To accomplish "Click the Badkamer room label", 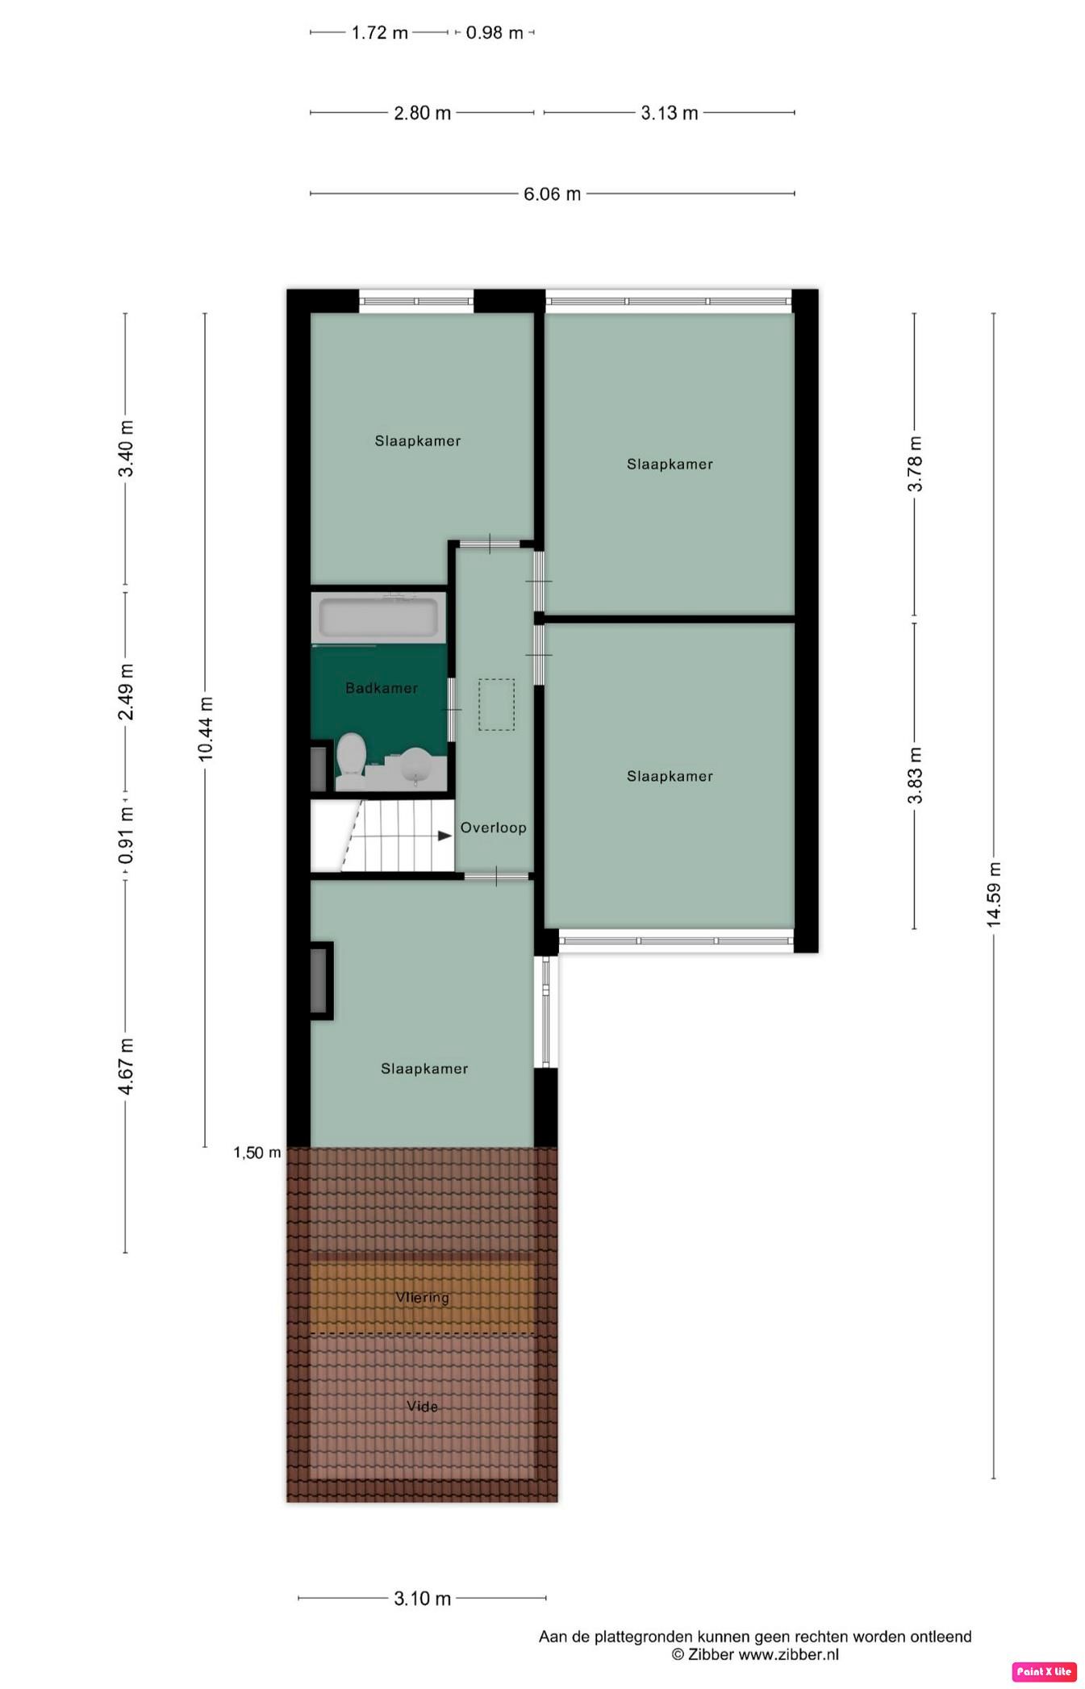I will point(382,688).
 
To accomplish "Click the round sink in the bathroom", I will point(416,765).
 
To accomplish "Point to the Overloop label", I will point(493,828).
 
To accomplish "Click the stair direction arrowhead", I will point(444,836).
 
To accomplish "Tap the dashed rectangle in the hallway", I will point(496,705).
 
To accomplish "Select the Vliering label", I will point(422,1298).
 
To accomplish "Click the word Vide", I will point(422,1407).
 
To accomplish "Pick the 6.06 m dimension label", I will point(552,194).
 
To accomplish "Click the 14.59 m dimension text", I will point(994,895).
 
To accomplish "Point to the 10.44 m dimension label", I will point(206,729).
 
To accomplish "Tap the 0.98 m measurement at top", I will point(495,33).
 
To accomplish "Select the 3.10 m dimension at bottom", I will point(422,1599).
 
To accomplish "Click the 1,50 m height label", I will point(257,1153).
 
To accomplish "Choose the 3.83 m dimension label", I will point(915,776).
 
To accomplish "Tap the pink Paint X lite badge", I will point(1044,1671).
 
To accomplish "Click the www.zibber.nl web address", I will point(788,1654).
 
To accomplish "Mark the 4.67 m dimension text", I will point(126,1066).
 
